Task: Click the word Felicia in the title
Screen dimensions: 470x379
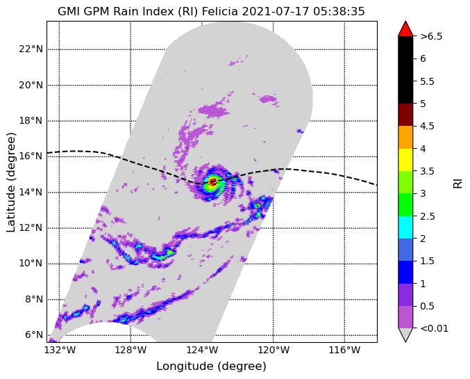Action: point(219,11)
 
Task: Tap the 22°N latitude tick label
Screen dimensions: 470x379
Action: point(31,49)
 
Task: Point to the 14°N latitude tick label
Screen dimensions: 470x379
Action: point(31,192)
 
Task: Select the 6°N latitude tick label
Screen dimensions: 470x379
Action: point(33,335)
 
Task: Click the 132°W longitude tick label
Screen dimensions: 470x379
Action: point(59,350)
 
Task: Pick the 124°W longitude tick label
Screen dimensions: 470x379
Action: point(202,350)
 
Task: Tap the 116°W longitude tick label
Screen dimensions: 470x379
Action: point(344,350)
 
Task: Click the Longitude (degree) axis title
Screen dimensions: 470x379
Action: point(211,366)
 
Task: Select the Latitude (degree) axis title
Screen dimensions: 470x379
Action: point(11,182)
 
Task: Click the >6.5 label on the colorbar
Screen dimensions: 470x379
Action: point(431,36)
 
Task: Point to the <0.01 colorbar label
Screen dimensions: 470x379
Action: point(435,328)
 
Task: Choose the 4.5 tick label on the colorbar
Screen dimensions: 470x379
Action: point(427,126)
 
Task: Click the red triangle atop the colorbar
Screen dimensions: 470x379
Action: point(405,29)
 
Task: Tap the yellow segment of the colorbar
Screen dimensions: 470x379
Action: point(405,160)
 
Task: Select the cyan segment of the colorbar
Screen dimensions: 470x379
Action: point(405,227)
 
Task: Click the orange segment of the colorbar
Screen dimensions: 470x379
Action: point(405,137)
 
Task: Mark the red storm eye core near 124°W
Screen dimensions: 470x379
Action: point(213,182)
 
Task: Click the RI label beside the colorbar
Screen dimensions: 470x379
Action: point(458,182)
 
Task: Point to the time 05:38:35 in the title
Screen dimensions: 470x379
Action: point(339,11)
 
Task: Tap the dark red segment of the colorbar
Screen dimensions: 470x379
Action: point(405,115)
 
